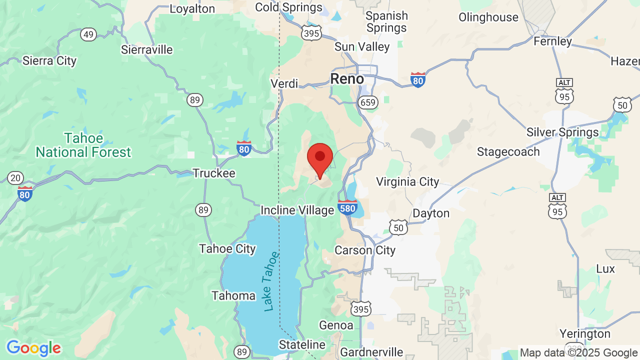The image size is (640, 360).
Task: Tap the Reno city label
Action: click(347, 78)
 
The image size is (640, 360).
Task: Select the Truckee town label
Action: click(214, 173)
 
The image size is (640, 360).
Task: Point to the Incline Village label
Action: click(297, 210)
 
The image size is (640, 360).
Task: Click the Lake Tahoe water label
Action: click(270, 281)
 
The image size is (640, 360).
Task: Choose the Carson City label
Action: click(365, 250)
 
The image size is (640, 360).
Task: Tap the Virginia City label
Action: click(407, 181)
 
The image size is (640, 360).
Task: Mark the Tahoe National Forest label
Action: click(83, 145)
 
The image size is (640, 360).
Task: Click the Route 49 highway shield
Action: click(88, 34)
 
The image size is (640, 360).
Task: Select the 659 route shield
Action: click(367, 102)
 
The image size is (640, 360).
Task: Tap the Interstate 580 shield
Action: click(347, 207)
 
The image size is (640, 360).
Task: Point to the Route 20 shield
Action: click(15, 177)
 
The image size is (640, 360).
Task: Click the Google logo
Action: click(33, 348)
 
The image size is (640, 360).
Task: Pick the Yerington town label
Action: click(585, 333)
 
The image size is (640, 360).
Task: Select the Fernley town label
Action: click(552, 41)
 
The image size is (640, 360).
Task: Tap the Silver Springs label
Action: click(562, 132)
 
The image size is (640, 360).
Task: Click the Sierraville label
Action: click(147, 49)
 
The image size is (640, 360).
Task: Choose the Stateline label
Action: click(302, 345)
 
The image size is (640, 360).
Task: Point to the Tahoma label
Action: click(233, 295)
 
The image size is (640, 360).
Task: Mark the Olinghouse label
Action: click(488, 17)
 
